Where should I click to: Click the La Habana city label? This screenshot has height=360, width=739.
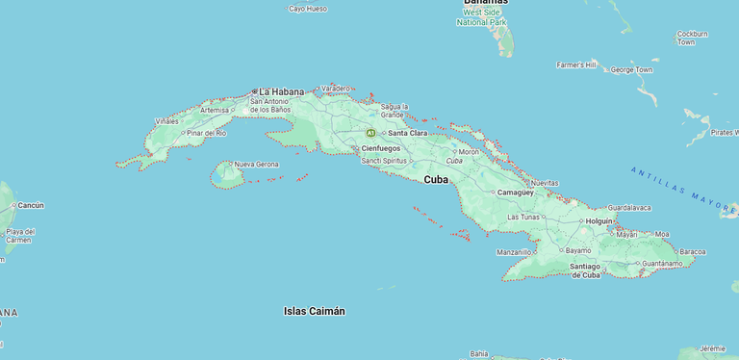pyautogui.click(x=279, y=91)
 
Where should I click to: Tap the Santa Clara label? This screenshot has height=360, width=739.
pyautogui.click(x=407, y=133)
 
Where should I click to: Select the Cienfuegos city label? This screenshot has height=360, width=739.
pyautogui.click(x=380, y=148)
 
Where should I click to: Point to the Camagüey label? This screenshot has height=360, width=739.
pyautogui.click(x=515, y=193)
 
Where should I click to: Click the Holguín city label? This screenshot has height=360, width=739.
pyautogui.click(x=599, y=220)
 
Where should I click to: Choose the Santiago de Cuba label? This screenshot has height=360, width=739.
pyautogui.click(x=585, y=270)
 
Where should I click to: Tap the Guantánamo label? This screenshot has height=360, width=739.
pyautogui.click(x=662, y=263)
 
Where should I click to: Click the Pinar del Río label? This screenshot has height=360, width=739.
pyautogui.click(x=207, y=133)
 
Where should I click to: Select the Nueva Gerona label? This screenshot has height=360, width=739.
pyautogui.click(x=256, y=165)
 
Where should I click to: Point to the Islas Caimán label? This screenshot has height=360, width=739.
pyautogui.click(x=315, y=311)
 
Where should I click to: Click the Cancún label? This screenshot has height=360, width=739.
pyautogui.click(x=31, y=205)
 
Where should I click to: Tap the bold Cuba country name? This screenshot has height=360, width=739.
pyautogui.click(x=436, y=179)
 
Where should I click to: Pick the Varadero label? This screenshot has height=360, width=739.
pyautogui.click(x=336, y=89)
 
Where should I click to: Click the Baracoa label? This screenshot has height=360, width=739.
pyautogui.click(x=692, y=251)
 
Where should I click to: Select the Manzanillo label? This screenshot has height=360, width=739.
pyautogui.click(x=514, y=252)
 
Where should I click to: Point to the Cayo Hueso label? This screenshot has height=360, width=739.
pyautogui.click(x=308, y=9)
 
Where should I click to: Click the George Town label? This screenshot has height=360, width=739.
pyautogui.click(x=631, y=69)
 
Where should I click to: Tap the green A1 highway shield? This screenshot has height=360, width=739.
pyautogui.click(x=370, y=133)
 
